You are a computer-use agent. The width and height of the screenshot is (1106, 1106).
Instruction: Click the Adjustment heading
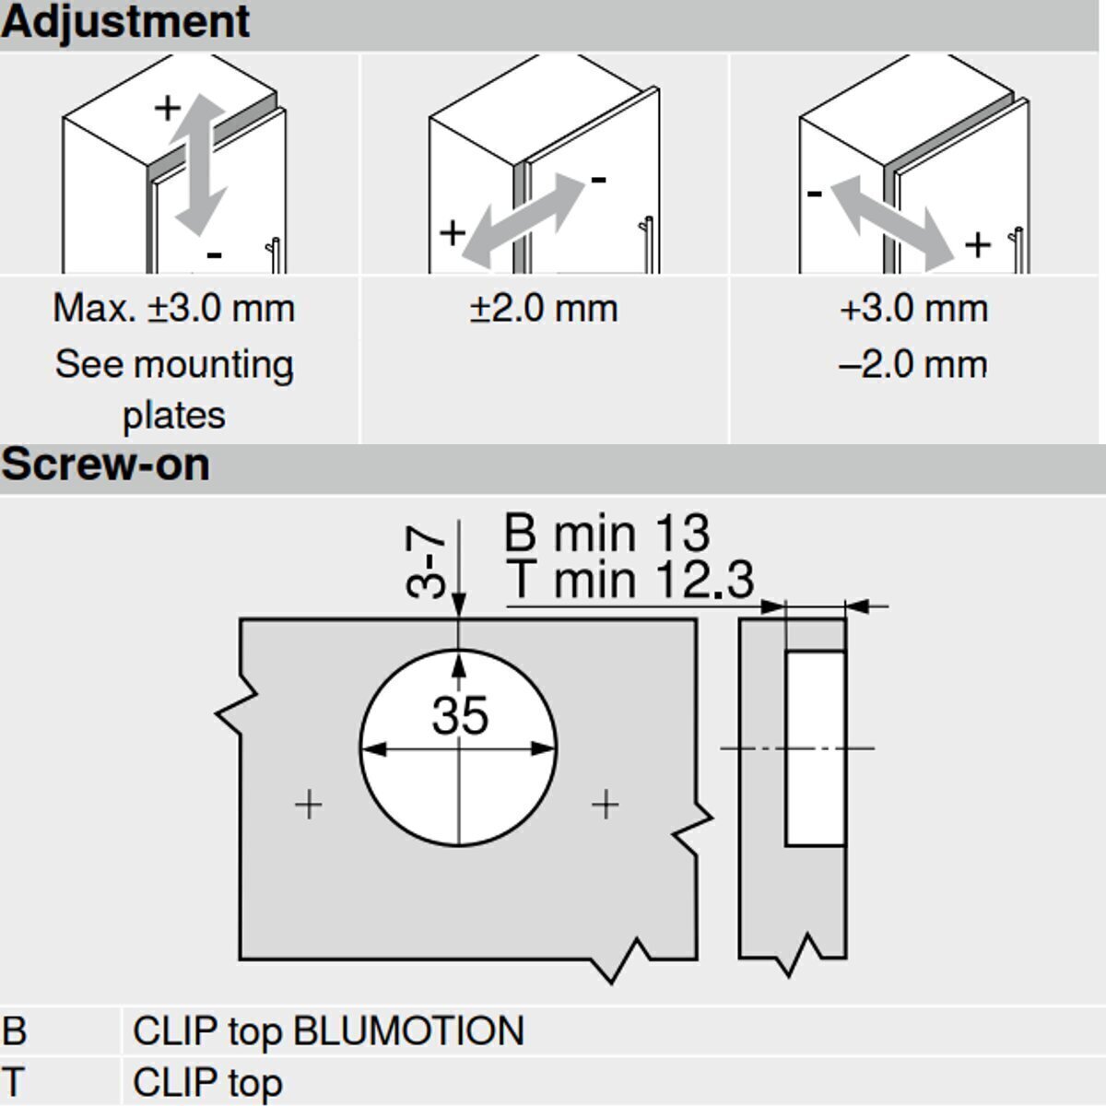[x=125, y=23]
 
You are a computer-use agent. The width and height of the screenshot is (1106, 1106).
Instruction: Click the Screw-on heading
[x=106, y=465]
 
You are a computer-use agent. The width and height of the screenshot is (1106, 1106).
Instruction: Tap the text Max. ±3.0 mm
[x=174, y=309]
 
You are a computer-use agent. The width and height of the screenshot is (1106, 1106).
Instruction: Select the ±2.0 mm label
[x=544, y=309]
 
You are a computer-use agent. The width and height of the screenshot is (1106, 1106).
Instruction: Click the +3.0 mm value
[x=914, y=309]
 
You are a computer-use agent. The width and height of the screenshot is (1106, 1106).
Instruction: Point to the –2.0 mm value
[x=913, y=364]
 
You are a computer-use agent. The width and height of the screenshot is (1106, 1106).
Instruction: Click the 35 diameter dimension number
[x=460, y=715]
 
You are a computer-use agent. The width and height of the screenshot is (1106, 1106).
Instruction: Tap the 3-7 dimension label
[x=425, y=562]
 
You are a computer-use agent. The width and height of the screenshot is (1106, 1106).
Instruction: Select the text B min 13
[x=607, y=533]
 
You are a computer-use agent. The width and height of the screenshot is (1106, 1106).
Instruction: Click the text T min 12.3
[x=629, y=580]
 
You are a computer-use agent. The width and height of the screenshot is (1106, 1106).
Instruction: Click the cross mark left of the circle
[x=309, y=804]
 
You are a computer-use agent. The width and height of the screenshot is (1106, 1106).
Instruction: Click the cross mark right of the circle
[x=606, y=804]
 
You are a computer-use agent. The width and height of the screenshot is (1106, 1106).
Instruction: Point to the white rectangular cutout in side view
[x=815, y=748]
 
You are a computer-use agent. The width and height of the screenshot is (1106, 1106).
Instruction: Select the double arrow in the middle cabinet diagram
[x=523, y=220]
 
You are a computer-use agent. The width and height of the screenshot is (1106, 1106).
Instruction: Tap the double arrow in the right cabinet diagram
[x=892, y=223]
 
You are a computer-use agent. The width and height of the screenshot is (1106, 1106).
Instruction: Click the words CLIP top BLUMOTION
[x=328, y=1030]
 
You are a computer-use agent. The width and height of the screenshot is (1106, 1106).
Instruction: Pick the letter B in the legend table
[x=15, y=1030]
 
